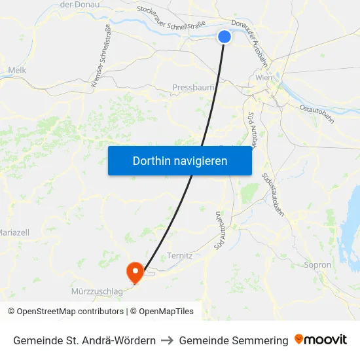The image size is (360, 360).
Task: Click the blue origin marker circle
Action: [225, 37]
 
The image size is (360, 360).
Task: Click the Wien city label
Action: [264, 77]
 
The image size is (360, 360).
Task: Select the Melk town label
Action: [16, 70]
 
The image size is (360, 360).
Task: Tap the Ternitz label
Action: [180, 255]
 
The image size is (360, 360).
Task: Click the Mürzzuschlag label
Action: [96, 291]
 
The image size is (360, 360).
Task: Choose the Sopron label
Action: [318, 265]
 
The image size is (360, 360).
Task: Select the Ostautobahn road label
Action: [317, 113]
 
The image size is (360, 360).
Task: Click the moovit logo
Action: [321, 340]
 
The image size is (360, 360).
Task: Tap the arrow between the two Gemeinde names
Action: [167, 340]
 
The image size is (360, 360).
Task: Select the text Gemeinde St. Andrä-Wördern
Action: [84, 340]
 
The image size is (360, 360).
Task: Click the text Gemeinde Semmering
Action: [234, 340]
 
